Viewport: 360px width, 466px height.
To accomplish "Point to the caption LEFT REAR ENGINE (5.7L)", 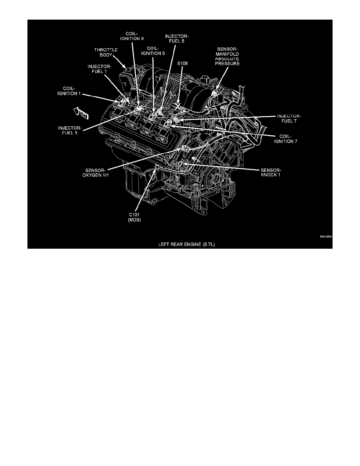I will click(x=179, y=243).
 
